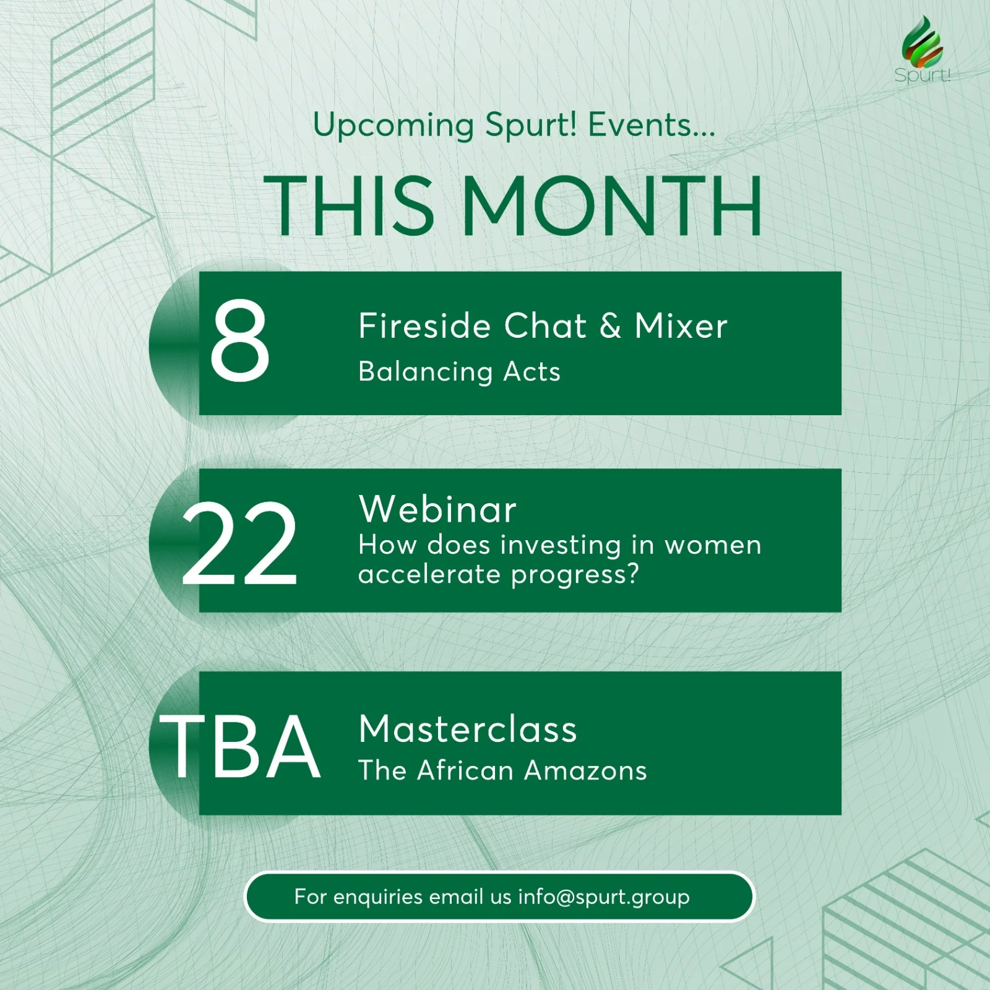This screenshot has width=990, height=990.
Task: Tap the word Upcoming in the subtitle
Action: [394, 126]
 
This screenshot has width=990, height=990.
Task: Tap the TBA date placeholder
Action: [240, 747]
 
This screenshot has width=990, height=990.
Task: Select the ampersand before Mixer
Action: [610, 326]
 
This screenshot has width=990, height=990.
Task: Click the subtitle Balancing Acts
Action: [459, 372]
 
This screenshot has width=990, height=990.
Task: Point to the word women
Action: [713, 546]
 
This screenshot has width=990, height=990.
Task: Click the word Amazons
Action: [585, 771]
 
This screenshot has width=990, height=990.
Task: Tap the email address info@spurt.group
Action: [604, 897]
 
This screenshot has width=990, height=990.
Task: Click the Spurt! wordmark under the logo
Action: [922, 75]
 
